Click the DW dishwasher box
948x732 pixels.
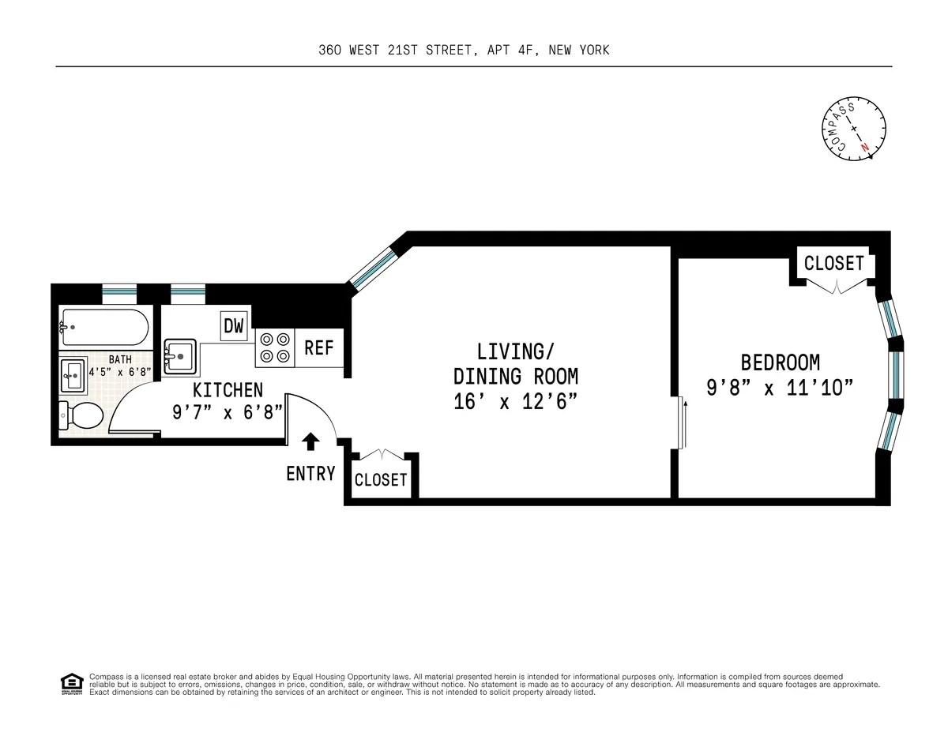(x=234, y=325)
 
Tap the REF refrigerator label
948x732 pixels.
(x=319, y=347)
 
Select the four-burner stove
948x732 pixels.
(x=273, y=347)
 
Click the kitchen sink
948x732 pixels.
(x=181, y=356)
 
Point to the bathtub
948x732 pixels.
(x=103, y=325)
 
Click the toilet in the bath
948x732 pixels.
(x=82, y=415)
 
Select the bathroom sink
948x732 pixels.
(x=73, y=376)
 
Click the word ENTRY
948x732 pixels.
(x=310, y=474)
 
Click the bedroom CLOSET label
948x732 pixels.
(x=833, y=263)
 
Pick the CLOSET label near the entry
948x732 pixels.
(x=381, y=480)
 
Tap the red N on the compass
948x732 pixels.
(x=866, y=148)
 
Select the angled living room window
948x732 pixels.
(x=373, y=267)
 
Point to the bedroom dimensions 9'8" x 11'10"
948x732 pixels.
(x=780, y=388)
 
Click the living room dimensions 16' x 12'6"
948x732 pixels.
(x=515, y=401)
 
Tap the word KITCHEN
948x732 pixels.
(x=228, y=390)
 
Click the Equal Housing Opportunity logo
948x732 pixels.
(x=71, y=683)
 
